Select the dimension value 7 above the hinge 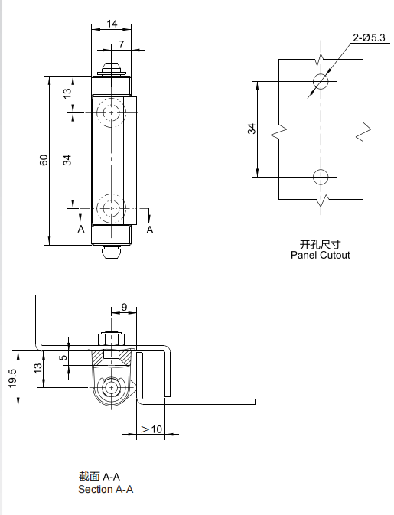(x=121, y=44)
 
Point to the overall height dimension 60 (x=44, y=160)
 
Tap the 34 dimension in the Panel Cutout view (x=252, y=129)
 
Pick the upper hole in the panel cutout (x=321, y=81)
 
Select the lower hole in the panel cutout (x=321, y=177)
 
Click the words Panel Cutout (x=320, y=255)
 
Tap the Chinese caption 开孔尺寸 (x=315, y=244)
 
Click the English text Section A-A (x=106, y=489)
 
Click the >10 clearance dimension (x=151, y=429)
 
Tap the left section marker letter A (x=80, y=229)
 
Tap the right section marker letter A (x=150, y=229)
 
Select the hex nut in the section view (x=111, y=338)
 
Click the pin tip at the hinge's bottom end (x=112, y=252)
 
